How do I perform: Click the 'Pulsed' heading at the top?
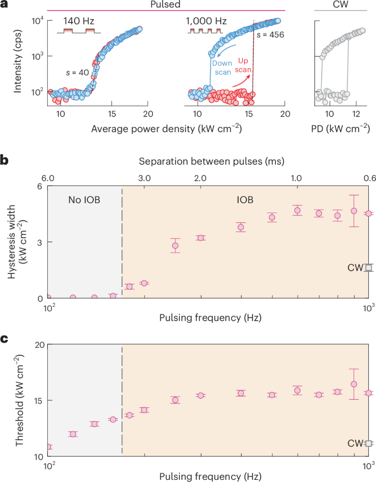pyautogui.click(x=166, y=4)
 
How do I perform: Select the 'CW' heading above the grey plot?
pyautogui.click(x=340, y=4)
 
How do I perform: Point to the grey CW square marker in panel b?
pyautogui.click(x=369, y=268)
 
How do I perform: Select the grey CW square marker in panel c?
pyautogui.click(x=369, y=443)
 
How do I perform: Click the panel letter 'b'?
pyautogui.click(x=4, y=160)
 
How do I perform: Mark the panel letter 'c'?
pyautogui.click(x=4, y=339)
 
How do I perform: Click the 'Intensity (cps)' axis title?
pyautogui.click(x=19, y=58)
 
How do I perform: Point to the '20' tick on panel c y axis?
pyautogui.click(x=38, y=345)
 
